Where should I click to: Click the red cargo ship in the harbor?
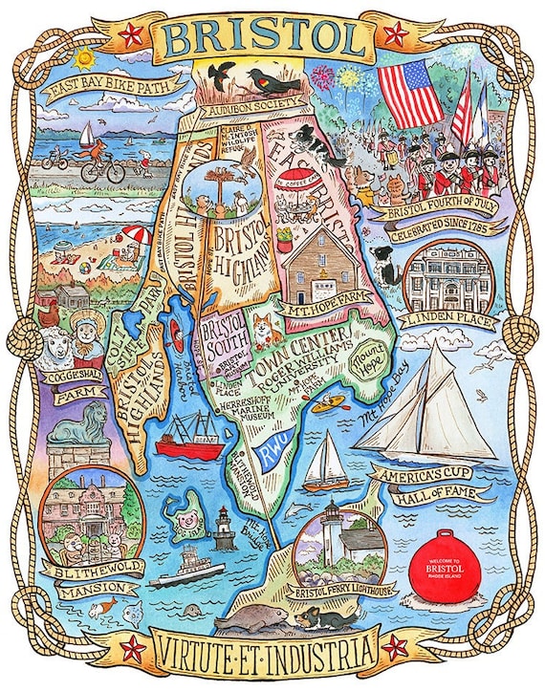(x=189, y=443)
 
